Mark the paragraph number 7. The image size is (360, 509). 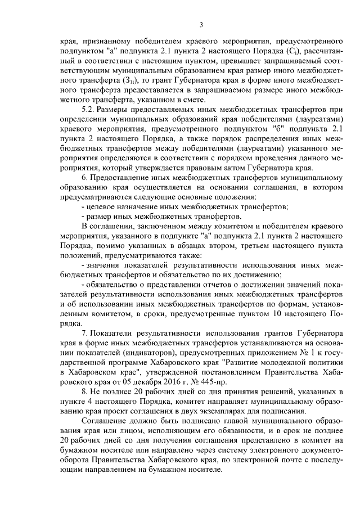coord(84,334)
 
